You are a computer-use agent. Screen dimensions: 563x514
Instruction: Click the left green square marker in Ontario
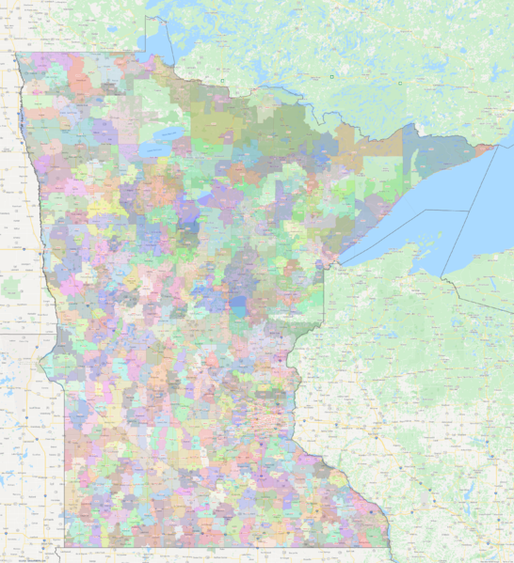coord(332,75)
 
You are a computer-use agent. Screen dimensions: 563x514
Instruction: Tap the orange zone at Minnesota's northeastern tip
coord(481,147)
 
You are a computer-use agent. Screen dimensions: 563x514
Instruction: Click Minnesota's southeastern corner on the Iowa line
coord(390,546)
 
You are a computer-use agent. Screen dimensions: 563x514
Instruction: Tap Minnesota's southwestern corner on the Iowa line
coord(65,546)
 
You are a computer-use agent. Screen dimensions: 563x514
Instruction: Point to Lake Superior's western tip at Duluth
coord(340,261)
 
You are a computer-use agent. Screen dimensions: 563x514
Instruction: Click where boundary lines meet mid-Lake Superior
coord(468,211)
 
